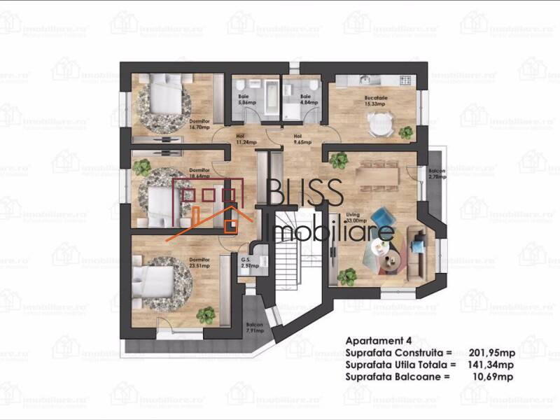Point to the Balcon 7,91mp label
[x=254, y=328]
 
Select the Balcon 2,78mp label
[x=437, y=173]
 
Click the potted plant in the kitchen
[x=406, y=131]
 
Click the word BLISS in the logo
[x=306, y=192]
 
